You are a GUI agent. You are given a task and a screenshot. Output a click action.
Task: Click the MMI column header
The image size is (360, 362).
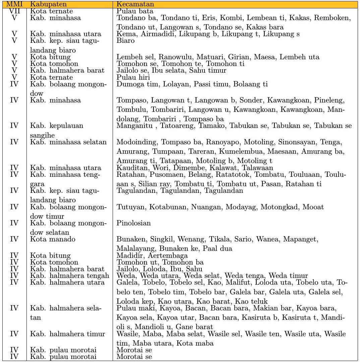[x=14, y=5]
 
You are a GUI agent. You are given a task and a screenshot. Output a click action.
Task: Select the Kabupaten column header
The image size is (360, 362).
[x=45, y=5]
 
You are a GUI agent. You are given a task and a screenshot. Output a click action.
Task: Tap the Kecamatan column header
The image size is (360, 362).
[x=135, y=5]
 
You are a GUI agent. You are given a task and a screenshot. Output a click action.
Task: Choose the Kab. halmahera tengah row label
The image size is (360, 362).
[x=70, y=276]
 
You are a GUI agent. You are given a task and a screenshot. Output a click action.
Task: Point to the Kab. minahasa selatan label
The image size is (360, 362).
[x=68, y=142]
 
